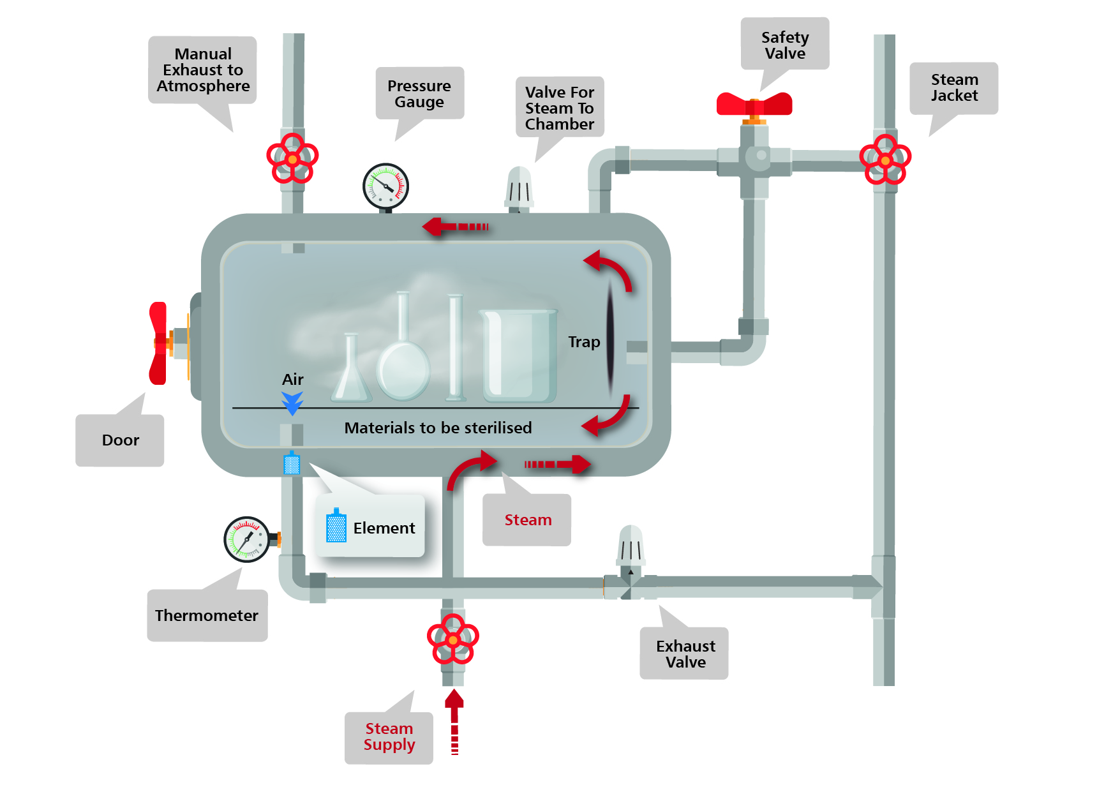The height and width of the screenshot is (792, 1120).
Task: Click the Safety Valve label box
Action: [x=784, y=44]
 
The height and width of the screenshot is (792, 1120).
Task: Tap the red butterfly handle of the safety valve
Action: [x=754, y=103]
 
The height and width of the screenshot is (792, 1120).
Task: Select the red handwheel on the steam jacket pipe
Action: [x=885, y=160]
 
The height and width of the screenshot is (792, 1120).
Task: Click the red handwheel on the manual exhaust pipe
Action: [x=292, y=158]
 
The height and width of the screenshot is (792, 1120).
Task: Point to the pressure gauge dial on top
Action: [x=385, y=186]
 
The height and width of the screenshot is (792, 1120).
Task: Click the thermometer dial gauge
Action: [x=247, y=539]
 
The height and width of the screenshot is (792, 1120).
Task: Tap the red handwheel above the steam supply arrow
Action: [x=452, y=639]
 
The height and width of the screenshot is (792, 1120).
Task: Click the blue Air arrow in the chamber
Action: [x=292, y=403]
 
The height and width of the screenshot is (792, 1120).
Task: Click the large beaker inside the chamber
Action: [x=519, y=355]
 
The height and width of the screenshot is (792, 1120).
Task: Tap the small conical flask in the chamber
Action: [x=351, y=373]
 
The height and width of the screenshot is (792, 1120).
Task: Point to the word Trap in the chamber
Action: [x=584, y=342]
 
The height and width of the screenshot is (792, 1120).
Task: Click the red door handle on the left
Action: [x=159, y=343]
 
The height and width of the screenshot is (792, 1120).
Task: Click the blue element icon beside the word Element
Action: [x=336, y=527]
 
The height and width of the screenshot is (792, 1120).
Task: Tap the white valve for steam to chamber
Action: [x=519, y=188]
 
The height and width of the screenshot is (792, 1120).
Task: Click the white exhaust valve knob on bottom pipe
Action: [x=631, y=545]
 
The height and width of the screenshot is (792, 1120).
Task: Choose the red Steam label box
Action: [x=526, y=520]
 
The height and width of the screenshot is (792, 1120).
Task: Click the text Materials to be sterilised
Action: [x=438, y=428]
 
